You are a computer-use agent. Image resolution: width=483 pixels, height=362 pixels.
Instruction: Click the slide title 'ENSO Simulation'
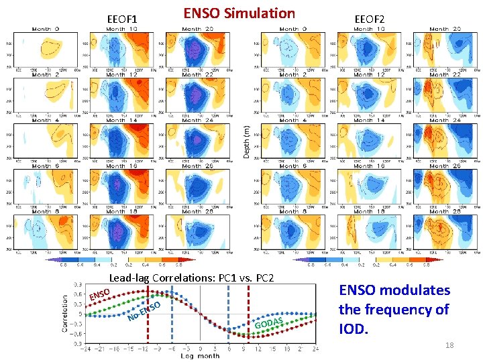tap(239, 13)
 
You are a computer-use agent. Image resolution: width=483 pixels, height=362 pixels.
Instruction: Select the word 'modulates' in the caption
tap(420, 290)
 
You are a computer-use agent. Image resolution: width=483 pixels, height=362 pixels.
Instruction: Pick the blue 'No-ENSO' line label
tap(145, 310)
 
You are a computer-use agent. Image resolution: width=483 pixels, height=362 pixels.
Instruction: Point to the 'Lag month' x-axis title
tap(199, 355)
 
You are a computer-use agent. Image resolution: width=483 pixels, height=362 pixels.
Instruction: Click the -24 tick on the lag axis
tap(84, 349)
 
